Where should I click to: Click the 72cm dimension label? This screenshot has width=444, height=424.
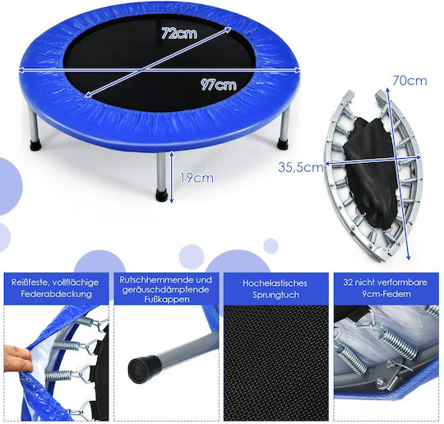pyautogui.click(x=179, y=33)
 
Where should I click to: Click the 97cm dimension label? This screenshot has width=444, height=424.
pyautogui.click(x=219, y=85)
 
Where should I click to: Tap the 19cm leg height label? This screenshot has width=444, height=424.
pyautogui.click(x=197, y=178)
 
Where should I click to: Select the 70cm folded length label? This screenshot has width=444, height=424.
pyautogui.click(x=409, y=81)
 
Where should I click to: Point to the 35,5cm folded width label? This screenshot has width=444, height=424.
pyautogui.click(x=301, y=167)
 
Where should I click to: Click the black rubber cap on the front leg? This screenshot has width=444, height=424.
pyautogui.click(x=161, y=195)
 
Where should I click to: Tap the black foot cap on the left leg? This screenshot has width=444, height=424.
pyautogui.click(x=35, y=145)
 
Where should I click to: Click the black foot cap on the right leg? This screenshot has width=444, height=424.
pyautogui.click(x=283, y=144)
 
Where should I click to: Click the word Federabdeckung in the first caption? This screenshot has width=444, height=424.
pyautogui.click(x=56, y=294)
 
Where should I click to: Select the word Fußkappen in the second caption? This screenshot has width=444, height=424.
pyautogui.click(x=166, y=300)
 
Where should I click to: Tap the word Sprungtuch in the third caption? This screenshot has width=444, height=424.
pyautogui.click(x=275, y=295)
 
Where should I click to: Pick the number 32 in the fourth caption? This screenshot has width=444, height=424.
pyautogui.click(x=348, y=282)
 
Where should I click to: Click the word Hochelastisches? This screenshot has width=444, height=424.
pyautogui.click(x=275, y=283)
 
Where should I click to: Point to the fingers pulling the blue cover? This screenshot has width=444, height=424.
pyautogui.click(x=16, y=356)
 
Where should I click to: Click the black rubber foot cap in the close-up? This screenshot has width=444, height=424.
pyautogui.click(x=144, y=370)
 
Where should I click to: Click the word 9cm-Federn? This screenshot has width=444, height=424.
pyautogui.click(x=386, y=294)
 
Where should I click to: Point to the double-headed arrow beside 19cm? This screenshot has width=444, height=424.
pyautogui.click(x=171, y=177)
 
